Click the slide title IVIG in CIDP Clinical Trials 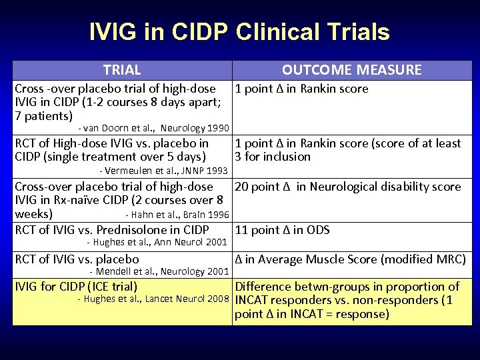(x=239, y=32)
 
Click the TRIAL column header (x=122, y=70)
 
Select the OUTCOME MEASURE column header (x=351, y=70)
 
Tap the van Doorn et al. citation (x=153, y=128)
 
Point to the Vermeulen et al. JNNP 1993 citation (x=164, y=172)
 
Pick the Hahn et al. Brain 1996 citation (x=177, y=215)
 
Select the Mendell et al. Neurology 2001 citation (x=159, y=271)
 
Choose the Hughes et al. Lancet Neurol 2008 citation (x=153, y=299)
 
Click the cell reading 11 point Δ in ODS (x=282, y=230)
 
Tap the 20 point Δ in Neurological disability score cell (x=347, y=187)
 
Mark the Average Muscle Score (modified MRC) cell (x=350, y=259)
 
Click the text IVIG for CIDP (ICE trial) (x=76, y=287)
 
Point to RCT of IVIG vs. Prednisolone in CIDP (x=111, y=230)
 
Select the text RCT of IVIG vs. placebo (x=77, y=259)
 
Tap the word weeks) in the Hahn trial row (x=33, y=214)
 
